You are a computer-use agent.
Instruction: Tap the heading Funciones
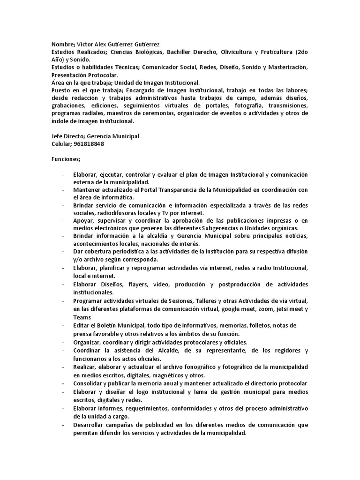pyautogui.click(x=66, y=159)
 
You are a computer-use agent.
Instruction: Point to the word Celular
pyautogui.click(x=61, y=144)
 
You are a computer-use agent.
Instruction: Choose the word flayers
pyautogui.click(x=124, y=285)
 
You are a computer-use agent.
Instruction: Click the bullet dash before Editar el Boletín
pyautogui.click(x=63, y=325)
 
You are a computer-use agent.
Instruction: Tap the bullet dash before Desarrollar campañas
pyautogui.click(x=63, y=425)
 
